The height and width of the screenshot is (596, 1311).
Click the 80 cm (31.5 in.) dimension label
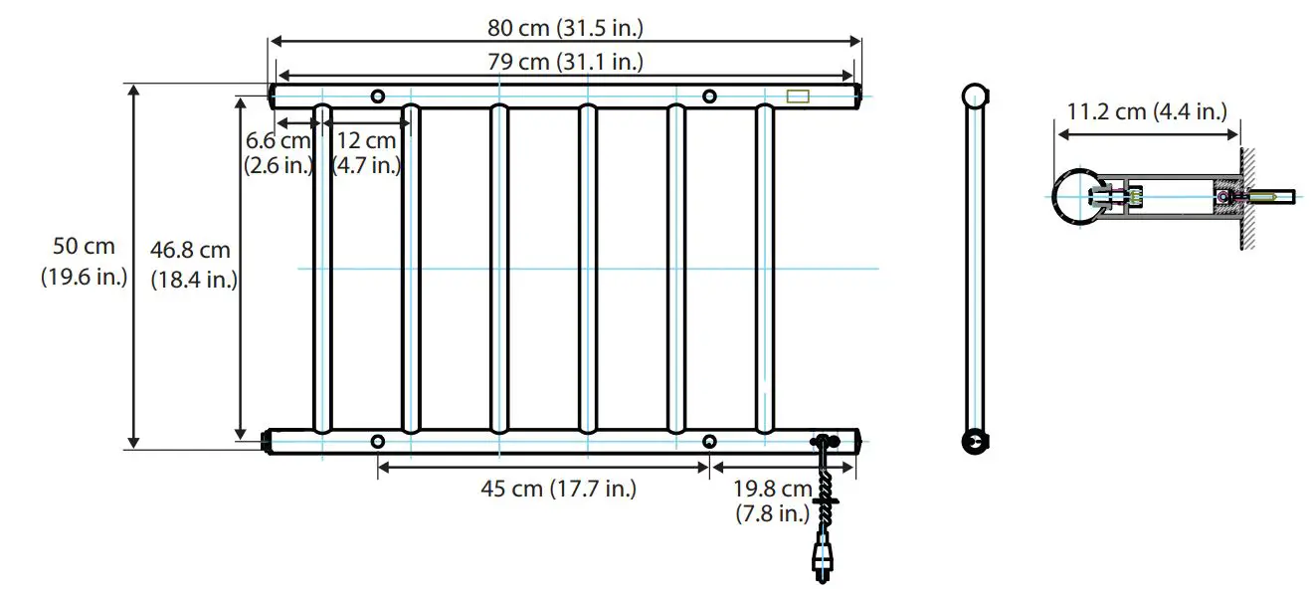pyautogui.click(x=563, y=28)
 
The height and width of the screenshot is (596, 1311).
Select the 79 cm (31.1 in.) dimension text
pyautogui.click(x=564, y=62)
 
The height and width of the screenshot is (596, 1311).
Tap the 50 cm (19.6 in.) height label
pyautogui.click(x=84, y=261)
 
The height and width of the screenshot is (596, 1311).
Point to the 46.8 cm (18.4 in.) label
pyautogui.click(x=193, y=265)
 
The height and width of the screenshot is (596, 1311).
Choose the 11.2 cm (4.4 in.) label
pyautogui.click(x=1146, y=111)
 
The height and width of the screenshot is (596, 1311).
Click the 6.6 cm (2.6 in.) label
pyautogui.click(x=279, y=153)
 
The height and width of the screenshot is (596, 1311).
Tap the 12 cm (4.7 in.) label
pyautogui.click(x=366, y=153)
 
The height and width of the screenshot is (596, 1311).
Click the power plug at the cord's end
pyautogui.click(x=822, y=560)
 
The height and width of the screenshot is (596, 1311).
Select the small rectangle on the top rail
pyautogui.click(x=799, y=97)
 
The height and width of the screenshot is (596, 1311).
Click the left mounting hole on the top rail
pyautogui.click(x=377, y=97)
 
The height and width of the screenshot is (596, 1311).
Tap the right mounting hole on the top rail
pyautogui.click(x=709, y=97)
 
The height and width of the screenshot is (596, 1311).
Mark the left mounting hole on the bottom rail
pyautogui.click(x=377, y=441)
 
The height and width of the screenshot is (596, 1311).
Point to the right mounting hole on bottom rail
pyautogui.click(x=709, y=441)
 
